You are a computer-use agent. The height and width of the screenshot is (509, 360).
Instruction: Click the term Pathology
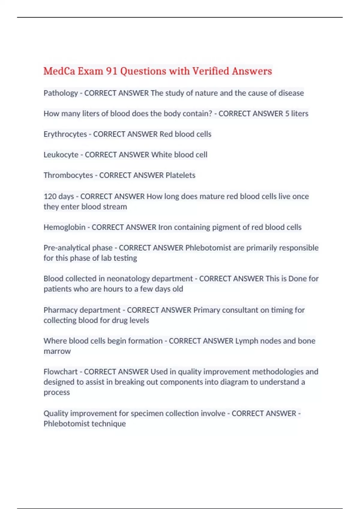pos(61,93)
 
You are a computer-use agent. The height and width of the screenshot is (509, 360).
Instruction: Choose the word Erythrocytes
pos(65,134)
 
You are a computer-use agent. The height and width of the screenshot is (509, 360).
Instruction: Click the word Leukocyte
pos(61,155)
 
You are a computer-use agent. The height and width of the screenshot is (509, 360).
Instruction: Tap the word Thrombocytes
pos(68,175)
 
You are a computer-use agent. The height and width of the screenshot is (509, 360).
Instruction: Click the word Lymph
pos(247,341)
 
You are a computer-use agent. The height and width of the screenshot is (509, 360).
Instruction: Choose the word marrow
pos(57,351)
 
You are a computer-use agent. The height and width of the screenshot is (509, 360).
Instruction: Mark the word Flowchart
pos(60,372)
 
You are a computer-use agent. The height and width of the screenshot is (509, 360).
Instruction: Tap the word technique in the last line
pos(109,424)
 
